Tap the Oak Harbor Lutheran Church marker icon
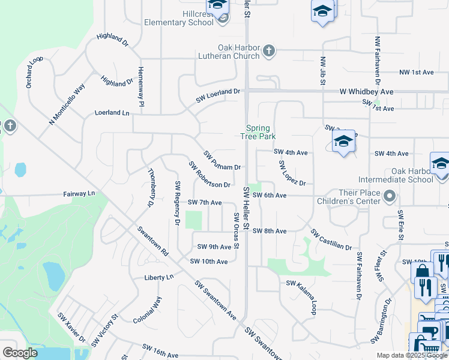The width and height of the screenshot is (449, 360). (269, 51)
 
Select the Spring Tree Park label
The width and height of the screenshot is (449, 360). (259, 132)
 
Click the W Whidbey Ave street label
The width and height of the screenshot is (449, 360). (366, 92)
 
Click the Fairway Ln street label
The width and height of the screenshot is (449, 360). (79, 194)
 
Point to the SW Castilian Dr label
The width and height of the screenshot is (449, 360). (331, 239)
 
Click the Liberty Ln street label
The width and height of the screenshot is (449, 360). (158, 277)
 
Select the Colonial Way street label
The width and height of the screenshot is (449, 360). (148, 310)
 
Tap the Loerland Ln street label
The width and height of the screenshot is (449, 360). (112, 113)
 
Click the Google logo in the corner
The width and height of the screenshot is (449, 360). (20, 353)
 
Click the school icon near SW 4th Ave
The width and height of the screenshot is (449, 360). (343, 142)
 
